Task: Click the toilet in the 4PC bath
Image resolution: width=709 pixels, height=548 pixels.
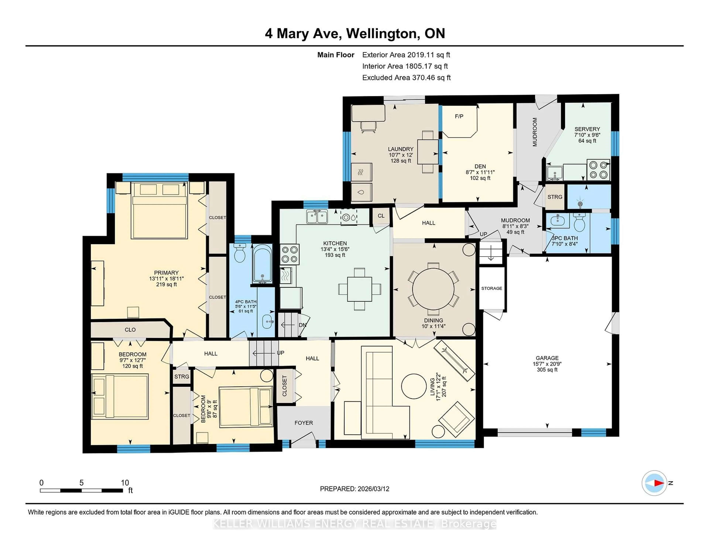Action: click(240, 253)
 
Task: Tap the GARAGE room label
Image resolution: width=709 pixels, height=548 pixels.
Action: click(547, 358)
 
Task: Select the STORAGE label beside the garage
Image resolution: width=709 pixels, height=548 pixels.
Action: click(491, 288)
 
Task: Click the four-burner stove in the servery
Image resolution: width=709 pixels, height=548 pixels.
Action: click(598, 169)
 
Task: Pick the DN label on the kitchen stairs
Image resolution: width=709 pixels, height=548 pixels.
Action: click(302, 325)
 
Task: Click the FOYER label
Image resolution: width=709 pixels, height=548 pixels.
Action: click(304, 423)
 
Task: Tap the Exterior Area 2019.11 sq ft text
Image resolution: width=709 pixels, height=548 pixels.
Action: click(406, 55)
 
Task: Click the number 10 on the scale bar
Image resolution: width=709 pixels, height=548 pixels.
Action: click(125, 483)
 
